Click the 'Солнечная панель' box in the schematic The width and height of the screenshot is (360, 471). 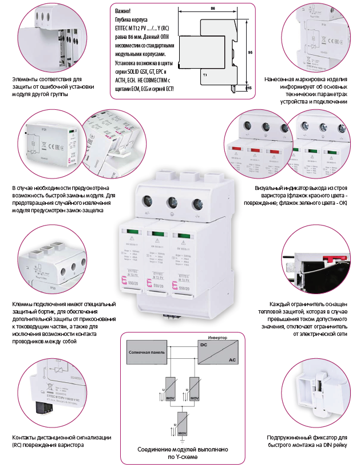coord(147,352)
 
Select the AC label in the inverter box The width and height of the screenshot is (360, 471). coord(232,360)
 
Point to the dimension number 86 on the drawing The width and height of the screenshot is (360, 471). coord(212,9)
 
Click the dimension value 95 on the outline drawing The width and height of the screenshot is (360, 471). coord(250,52)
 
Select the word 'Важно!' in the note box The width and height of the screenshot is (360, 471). coord(123,10)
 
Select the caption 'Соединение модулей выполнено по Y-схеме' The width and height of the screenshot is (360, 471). coord(179,454)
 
